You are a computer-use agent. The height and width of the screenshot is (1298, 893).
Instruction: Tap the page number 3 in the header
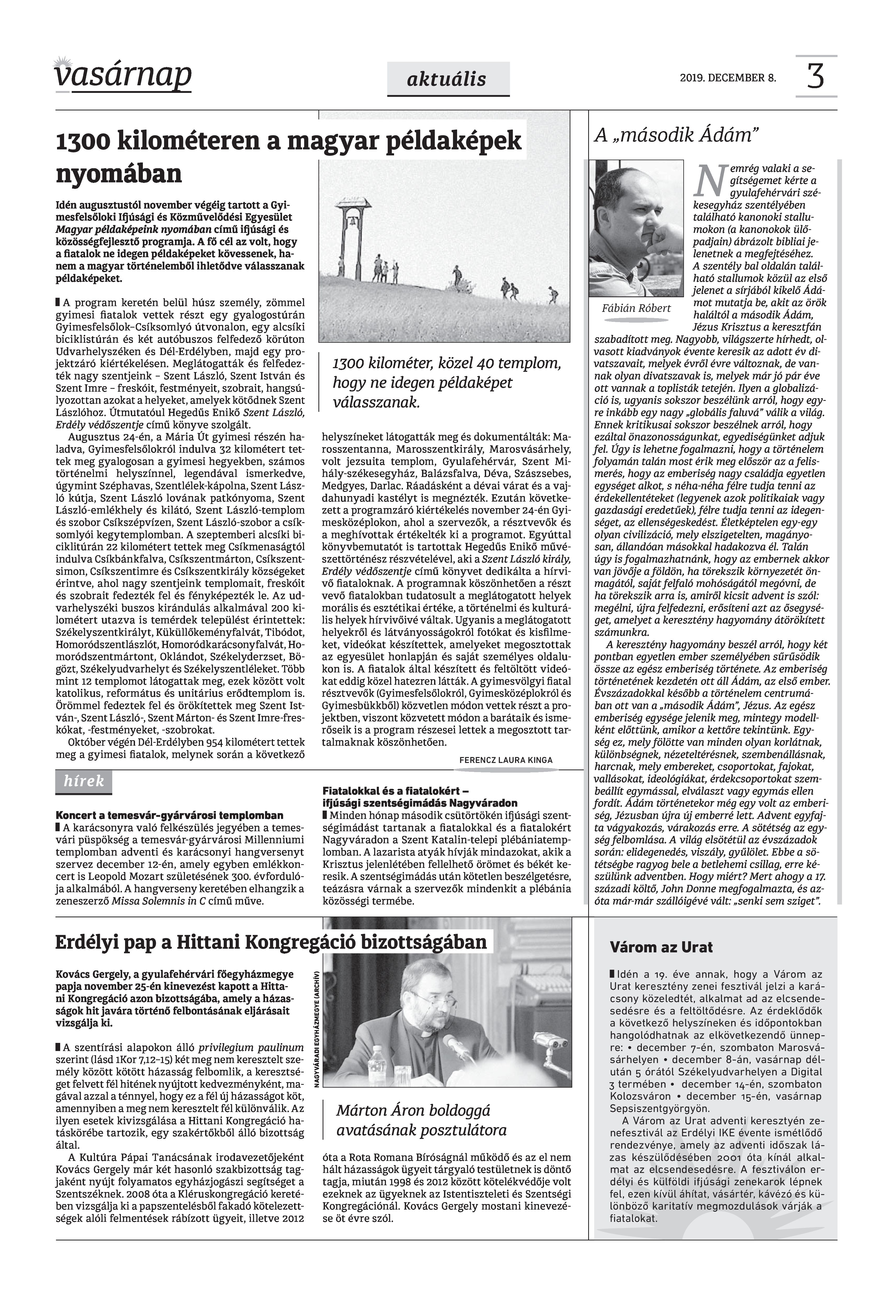click(816, 76)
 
